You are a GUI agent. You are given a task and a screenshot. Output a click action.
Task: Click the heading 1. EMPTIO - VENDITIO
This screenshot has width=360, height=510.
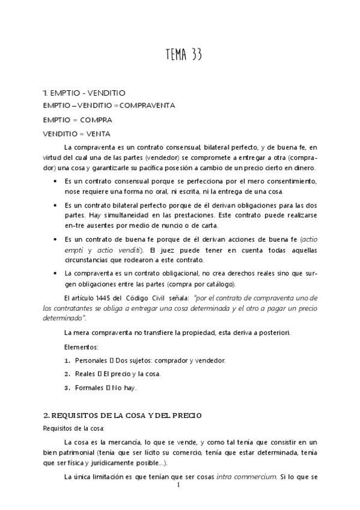(84, 93)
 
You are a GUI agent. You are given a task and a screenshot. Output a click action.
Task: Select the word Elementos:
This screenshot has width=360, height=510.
(79, 347)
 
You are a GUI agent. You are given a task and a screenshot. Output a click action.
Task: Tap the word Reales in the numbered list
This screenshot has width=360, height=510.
(84, 374)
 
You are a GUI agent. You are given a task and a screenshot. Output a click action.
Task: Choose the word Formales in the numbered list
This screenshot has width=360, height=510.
(89, 388)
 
